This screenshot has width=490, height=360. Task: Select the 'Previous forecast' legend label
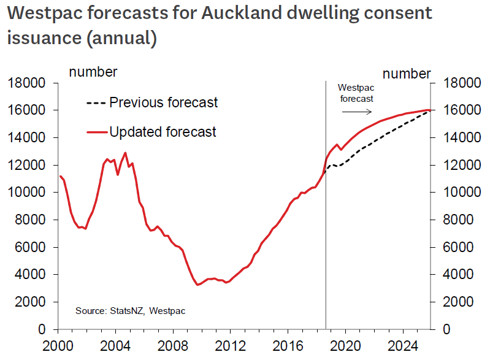click(163, 102)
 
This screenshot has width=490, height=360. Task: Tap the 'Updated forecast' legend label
click(163, 131)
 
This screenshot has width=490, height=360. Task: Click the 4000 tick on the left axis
click(34, 275)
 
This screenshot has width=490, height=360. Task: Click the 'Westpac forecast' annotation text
click(356, 93)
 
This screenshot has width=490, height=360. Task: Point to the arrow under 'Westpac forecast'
click(356, 112)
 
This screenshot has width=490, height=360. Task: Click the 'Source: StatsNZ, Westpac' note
click(130, 311)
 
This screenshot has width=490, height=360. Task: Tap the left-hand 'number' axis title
click(93, 72)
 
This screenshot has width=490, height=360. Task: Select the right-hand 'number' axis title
click(407, 74)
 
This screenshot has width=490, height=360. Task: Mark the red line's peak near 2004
click(125, 153)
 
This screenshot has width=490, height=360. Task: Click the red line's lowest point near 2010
click(197, 285)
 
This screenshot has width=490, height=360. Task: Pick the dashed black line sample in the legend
click(96, 102)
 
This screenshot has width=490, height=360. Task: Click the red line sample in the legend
click(96, 131)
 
